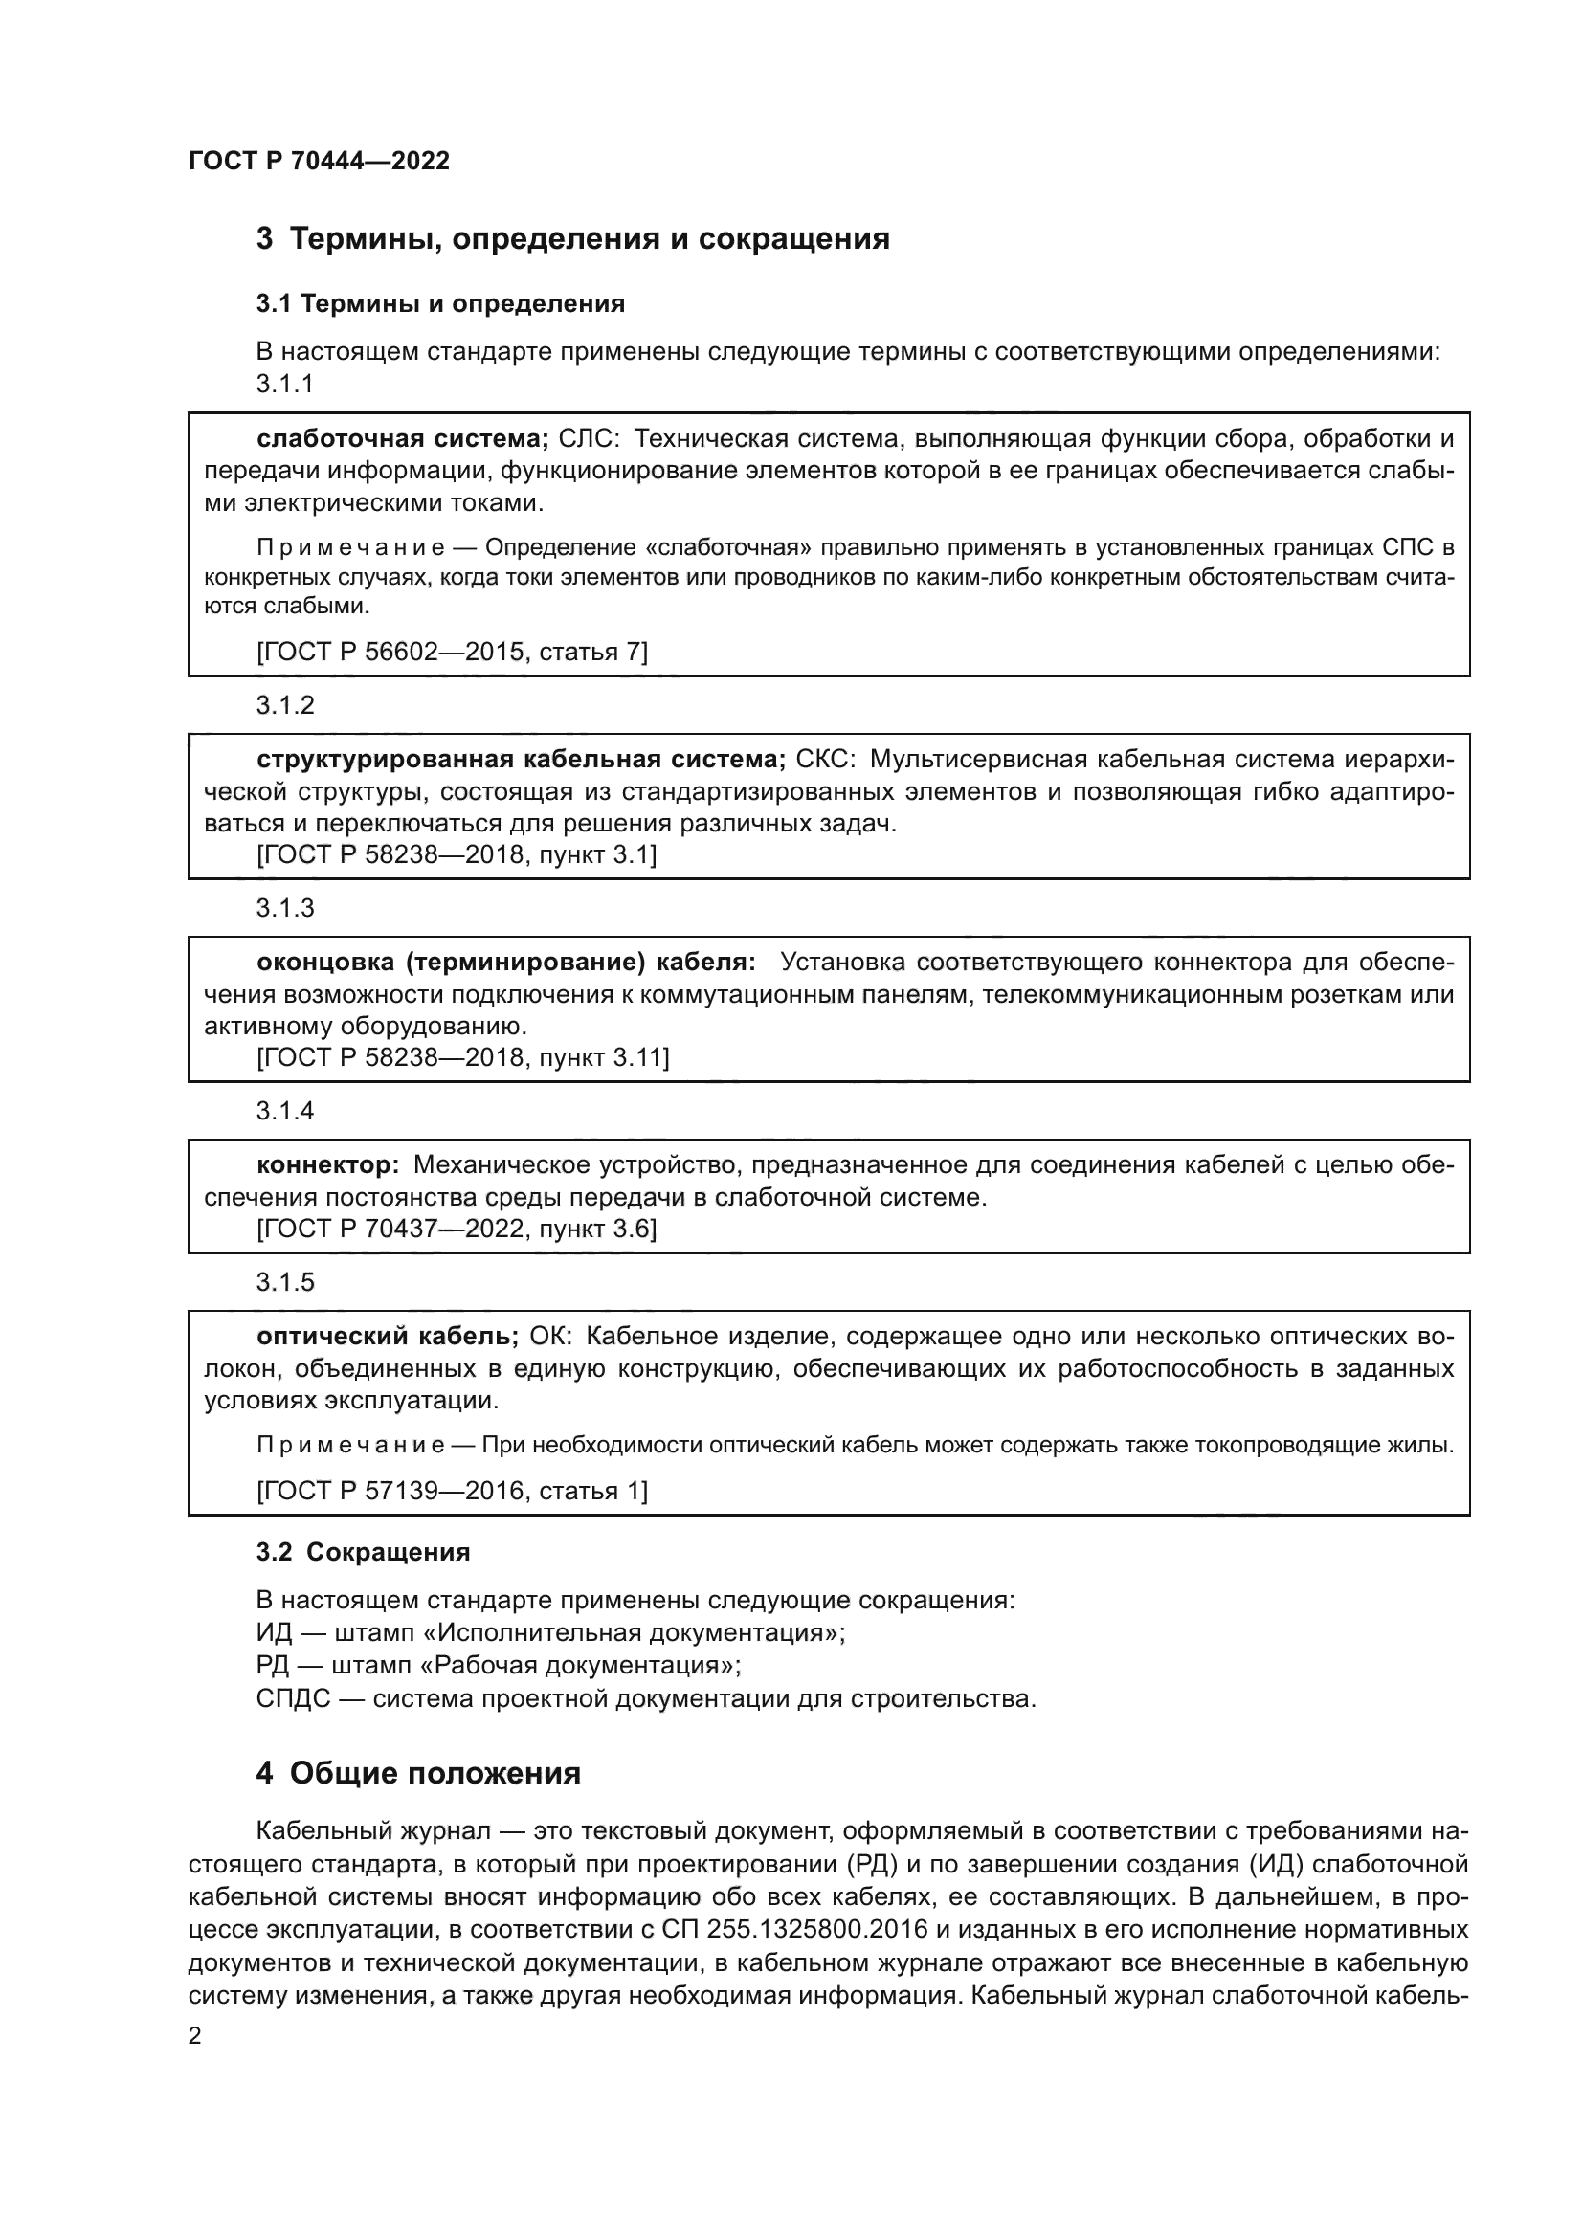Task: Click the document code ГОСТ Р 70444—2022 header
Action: click(x=319, y=161)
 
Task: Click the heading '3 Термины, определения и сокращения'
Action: click(x=572, y=239)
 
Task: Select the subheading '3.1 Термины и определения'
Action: click(x=440, y=304)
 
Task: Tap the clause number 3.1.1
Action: click(x=284, y=384)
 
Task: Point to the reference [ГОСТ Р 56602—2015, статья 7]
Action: click(x=452, y=652)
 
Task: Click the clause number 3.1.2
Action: click(x=284, y=705)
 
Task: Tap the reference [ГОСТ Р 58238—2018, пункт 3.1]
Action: click(x=457, y=854)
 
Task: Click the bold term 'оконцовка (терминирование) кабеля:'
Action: click(x=506, y=962)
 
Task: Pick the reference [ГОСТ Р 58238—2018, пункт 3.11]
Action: click(x=462, y=1057)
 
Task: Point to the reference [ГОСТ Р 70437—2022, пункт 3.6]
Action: click(x=457, y=1230)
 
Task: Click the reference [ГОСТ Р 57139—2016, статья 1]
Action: click(x=452, y=1491)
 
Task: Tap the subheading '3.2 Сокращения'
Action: click(x=363, y=1552)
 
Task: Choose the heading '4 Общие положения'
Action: click(x=418, y=1773)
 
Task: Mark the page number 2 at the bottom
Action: click(x=195, y=2036)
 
